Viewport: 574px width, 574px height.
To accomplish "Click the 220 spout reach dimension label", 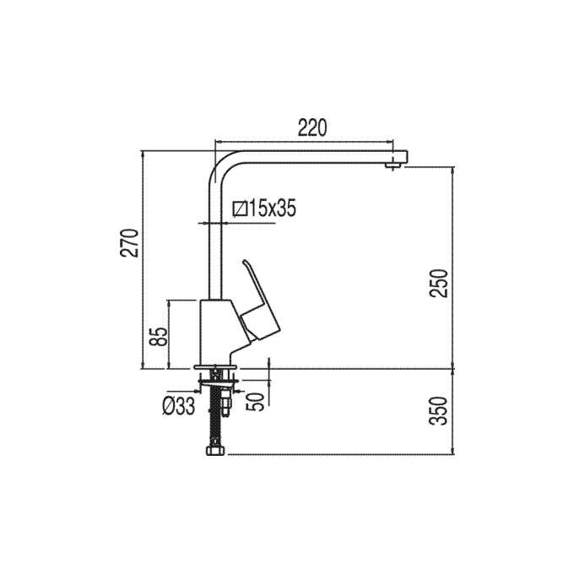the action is point(311,127).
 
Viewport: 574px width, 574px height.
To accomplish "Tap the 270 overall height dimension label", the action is point(130,243).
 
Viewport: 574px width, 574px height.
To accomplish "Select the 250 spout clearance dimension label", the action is point(439,284).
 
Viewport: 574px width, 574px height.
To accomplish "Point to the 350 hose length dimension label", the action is point(439,411).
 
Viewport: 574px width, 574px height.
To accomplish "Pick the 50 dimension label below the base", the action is point(255,402).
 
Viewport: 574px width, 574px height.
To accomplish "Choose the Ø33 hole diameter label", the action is point(178,406).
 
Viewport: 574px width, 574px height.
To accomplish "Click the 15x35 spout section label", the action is point(272,208).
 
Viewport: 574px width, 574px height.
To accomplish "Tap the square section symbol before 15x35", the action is point(240,208).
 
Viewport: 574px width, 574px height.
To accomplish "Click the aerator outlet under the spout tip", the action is point(393,166).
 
